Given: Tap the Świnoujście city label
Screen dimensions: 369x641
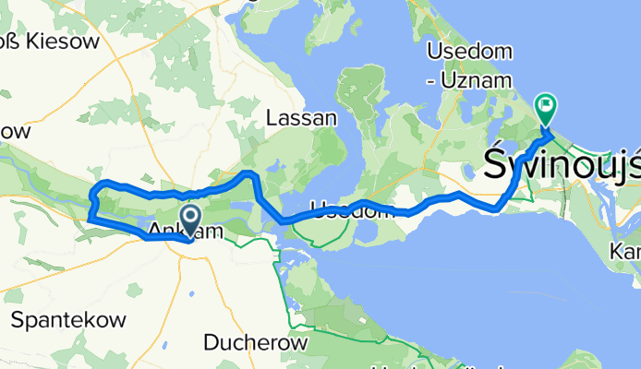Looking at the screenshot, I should coord(562,166).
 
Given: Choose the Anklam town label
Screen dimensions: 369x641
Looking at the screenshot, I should coord(185,232).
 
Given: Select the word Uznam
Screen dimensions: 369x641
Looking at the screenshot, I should coord(476,80).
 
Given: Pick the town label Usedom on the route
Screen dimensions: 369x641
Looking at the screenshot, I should coord(345,210).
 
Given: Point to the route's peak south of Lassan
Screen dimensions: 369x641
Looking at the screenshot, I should coord(248,173).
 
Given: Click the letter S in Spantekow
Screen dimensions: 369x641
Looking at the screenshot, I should coord(16,320).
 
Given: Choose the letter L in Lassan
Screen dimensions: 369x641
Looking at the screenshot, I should coord(271,118).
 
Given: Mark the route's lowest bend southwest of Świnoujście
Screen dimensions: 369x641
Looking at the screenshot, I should coord(497,208).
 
